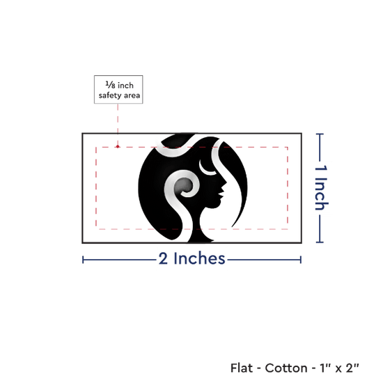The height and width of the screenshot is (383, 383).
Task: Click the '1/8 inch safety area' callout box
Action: [118, 89]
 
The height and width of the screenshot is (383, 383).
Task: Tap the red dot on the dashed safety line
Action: [118, 146]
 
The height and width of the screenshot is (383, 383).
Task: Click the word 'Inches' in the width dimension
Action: [199, 258]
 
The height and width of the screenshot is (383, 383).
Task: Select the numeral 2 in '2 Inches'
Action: [163, 258]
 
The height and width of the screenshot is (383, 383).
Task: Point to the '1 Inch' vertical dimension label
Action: [321, 187]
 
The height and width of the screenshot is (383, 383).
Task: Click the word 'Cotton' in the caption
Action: [286, 368]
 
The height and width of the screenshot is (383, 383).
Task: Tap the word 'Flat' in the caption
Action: [242, 368]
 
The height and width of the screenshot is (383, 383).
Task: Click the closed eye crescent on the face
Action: [207, 169]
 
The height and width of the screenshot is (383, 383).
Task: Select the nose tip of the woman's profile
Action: [226, 182]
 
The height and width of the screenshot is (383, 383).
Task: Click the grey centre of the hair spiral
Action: [182, 186]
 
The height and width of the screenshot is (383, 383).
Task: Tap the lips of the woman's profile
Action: [221, 194]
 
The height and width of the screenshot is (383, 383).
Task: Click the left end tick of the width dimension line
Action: [83, 260]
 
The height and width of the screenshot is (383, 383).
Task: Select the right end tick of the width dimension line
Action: [301, 260]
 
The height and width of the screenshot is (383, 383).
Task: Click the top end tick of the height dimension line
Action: [320, 134]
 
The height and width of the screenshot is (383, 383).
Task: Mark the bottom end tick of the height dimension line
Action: [320, 242]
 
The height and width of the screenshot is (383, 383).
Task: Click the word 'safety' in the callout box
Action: [110, 95]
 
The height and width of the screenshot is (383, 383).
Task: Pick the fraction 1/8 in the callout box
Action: [111, 85]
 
